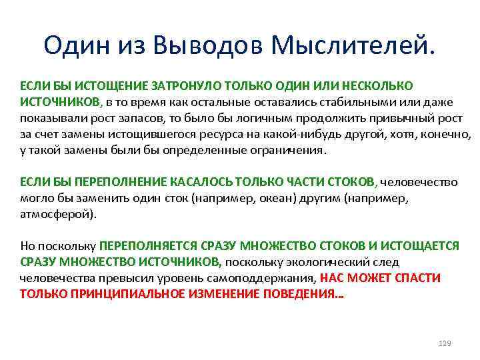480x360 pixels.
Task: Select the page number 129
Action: tap(445, 343)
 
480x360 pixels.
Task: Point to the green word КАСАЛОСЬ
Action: tap(197, 182)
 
